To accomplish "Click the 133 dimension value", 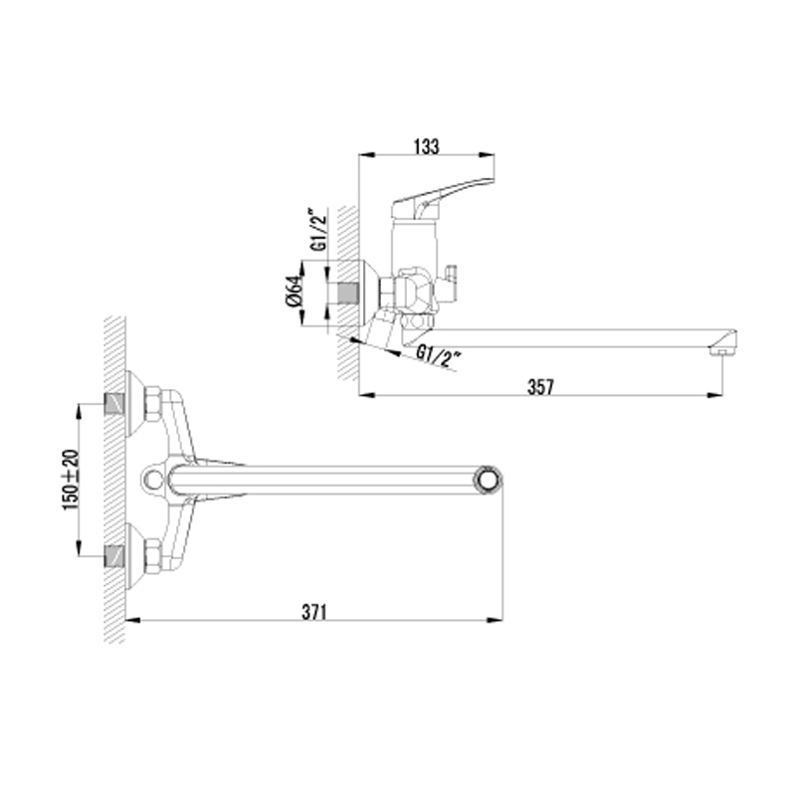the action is pyautogui.click(x=426, y=146).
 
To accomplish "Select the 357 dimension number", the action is pyautogui.click(x=540, y=387).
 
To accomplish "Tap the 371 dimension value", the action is pyautogui.click(x=314, y=612).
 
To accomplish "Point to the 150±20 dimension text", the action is pyautogui.click(x=71, y=480).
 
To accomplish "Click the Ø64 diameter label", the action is pyautogui.click(x=295, y=291).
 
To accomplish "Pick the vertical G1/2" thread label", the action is pyautogui.click(x=318, y=229).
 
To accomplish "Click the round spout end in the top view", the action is pyautogui.click(x=489, y=480).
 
